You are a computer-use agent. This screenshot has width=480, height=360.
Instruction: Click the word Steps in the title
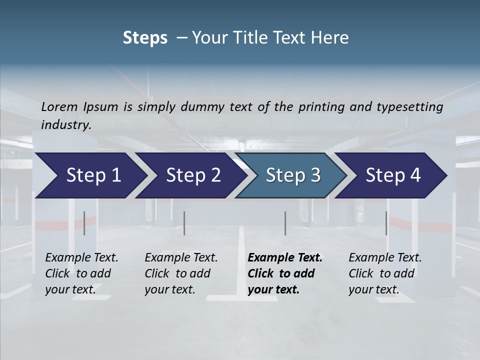coord(145,38)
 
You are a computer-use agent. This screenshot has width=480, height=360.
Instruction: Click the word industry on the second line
coord(66,125)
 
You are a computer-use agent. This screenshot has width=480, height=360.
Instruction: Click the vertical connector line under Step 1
coord(84,223)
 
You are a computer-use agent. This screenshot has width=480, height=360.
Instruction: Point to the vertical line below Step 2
coord(184,223)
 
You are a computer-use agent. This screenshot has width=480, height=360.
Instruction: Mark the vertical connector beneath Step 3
coord(285,223)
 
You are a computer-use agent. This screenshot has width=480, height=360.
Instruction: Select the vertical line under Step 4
coord(386,223)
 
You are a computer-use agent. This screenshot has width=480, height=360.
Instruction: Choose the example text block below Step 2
coord(180,273)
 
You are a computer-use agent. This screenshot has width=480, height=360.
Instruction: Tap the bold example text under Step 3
coord(284,273)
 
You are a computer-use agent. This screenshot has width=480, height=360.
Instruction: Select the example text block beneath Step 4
coord(384,273)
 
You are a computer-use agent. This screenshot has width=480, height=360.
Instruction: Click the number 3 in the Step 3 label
coord(315,175)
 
